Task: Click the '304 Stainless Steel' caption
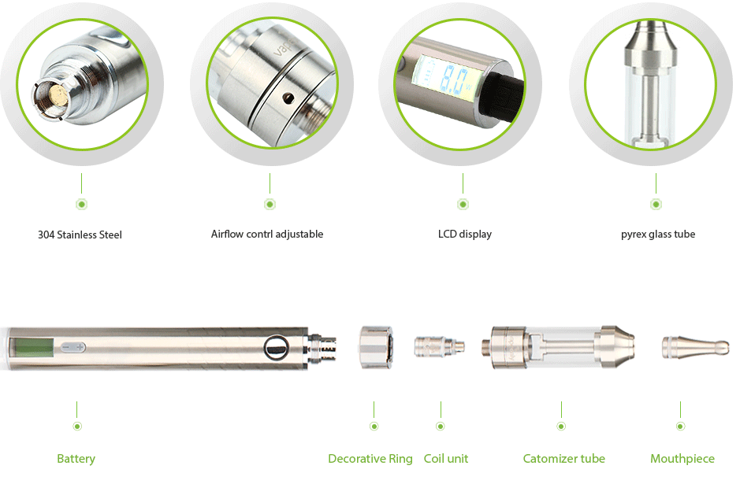pyautogui.click(x=80, y=235)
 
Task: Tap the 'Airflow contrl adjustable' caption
pyautogui.click(x=267, y=234)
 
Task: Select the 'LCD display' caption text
pyautogui.click(x=465, y=234)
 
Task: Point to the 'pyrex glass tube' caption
pyautogui.click(x=658, y=234)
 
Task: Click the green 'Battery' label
pyautogui.click(x=76, y=459)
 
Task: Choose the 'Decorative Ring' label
pyautogui.click(x=370, y=459)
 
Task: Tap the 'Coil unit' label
pyautogui.click(x=446, y=459)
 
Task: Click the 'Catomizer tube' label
pyautogui.click(x=564, y=459)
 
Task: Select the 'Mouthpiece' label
pyautogui.click(x=682, y=459)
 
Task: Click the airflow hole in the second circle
pyautogui.click(x=287, y=98)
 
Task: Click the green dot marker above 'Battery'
pyautogui.click(x=77, y=426)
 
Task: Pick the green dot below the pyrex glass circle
pyautogui.click(x=656, y=205)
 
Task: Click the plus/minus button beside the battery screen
pyautogui.click(x=73, y=346)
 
